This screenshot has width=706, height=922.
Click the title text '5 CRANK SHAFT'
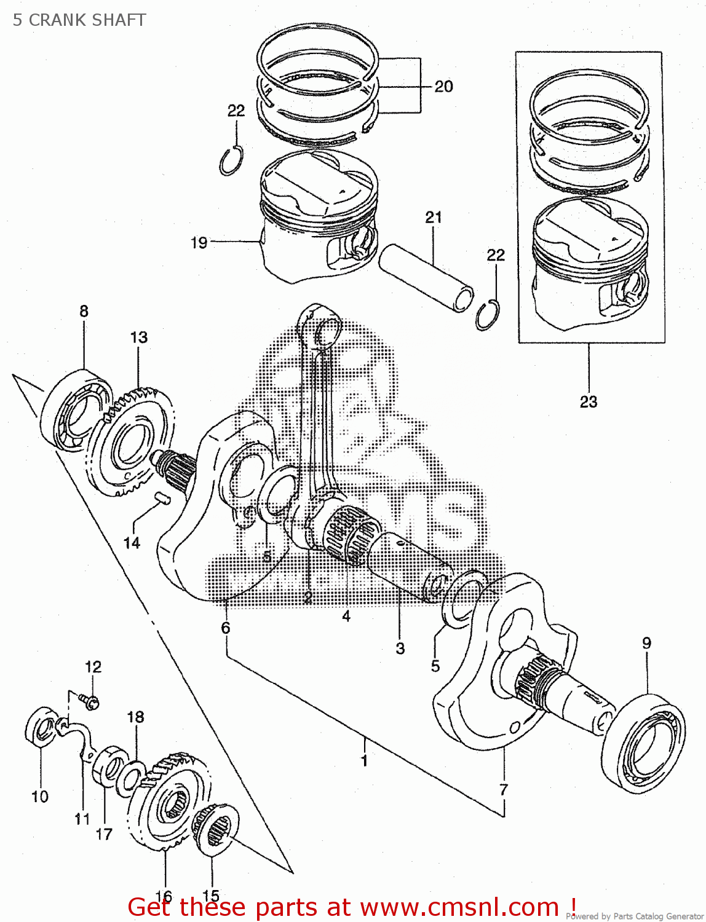79,20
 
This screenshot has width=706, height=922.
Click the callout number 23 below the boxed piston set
589,402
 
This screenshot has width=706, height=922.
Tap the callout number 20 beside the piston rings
443,87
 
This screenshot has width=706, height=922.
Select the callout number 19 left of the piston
199,243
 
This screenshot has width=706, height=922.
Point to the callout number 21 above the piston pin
434,217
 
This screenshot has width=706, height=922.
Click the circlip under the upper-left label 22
231,161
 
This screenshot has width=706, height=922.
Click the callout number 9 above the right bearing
646,643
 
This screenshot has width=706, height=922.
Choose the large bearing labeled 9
643,743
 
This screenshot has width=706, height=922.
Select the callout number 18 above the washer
135,717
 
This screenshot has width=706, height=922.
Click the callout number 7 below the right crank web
504,789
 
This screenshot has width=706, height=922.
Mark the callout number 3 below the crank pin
400,648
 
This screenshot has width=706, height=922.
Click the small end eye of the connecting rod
327,332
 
